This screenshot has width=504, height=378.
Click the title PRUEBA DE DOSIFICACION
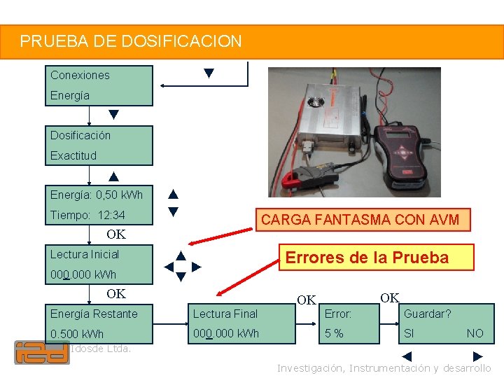click(x=131, y=41)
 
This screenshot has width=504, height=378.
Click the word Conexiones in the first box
click(x=80, y=75)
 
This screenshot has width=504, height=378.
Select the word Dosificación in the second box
click(x=80, y=135)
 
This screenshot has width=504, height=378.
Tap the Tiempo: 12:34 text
click(x=87, y=215)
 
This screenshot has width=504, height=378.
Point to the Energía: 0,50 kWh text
click(x=96, y=195)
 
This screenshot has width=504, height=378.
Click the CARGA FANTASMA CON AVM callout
click(x=360, y=220)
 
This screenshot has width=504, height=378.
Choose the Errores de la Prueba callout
click(x=367, y=258)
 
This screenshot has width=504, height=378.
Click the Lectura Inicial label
click(x=85, y=254)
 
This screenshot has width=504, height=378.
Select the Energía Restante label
click(x=94, y=314)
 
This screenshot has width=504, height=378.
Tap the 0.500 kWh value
click(x=77, y=334)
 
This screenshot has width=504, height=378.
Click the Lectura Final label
click(x=225, y=314)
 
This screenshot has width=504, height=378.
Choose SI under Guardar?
click(x=409, y=334)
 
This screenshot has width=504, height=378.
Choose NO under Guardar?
click(x=475, y=334)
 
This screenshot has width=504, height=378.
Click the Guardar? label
click(x=427, y=314)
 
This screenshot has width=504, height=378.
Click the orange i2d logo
click(x=42, y=352)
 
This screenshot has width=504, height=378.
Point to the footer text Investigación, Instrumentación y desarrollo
click(x=384, y=368)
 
